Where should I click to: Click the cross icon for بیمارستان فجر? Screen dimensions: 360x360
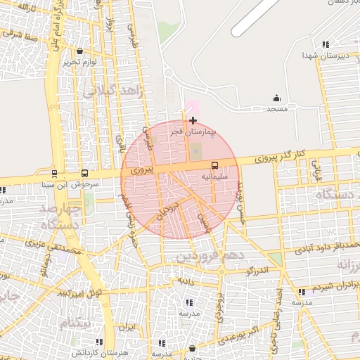click(193, 120)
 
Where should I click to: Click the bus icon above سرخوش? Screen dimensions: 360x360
click(85, 173)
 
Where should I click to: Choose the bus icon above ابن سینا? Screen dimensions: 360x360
click(54, 173)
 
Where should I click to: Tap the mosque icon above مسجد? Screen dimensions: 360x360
click(276, 98)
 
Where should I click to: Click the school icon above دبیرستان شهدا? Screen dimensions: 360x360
click(326, 44)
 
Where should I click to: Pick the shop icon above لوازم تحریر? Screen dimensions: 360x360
click(79, 51)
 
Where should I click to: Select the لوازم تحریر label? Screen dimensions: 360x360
click(78, 62)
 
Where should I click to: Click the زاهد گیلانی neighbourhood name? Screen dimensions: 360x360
click(112, 91)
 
